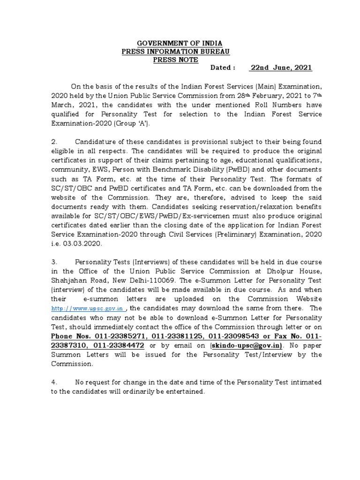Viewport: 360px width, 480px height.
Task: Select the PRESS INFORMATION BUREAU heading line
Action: pos(175,52)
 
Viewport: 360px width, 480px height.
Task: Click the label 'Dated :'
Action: pos(223,68)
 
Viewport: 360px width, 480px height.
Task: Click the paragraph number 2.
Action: pos(54,142)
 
